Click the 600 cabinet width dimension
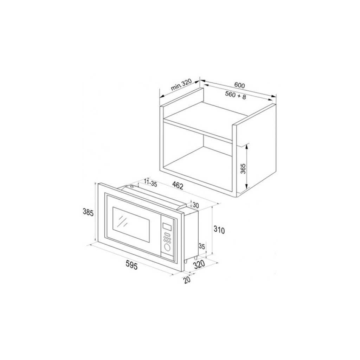[x=239, y=85]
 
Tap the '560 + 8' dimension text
[x=235, y=95]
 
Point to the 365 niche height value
[x=243, y=168]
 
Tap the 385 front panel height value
[x=88, y=213]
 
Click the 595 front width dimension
[x=131, y=266]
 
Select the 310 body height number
[x=219, y=230]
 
